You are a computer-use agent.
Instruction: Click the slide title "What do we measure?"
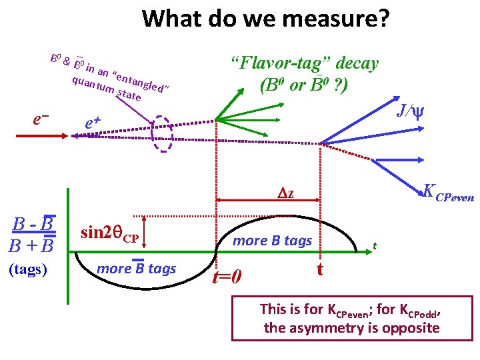pos(265,19)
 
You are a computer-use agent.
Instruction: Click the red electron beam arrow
pos(39,135)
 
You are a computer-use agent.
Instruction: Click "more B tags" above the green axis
pos(272,241)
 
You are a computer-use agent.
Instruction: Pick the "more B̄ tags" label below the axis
pos(136,269)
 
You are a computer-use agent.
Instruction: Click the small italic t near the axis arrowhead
pos(375,245)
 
